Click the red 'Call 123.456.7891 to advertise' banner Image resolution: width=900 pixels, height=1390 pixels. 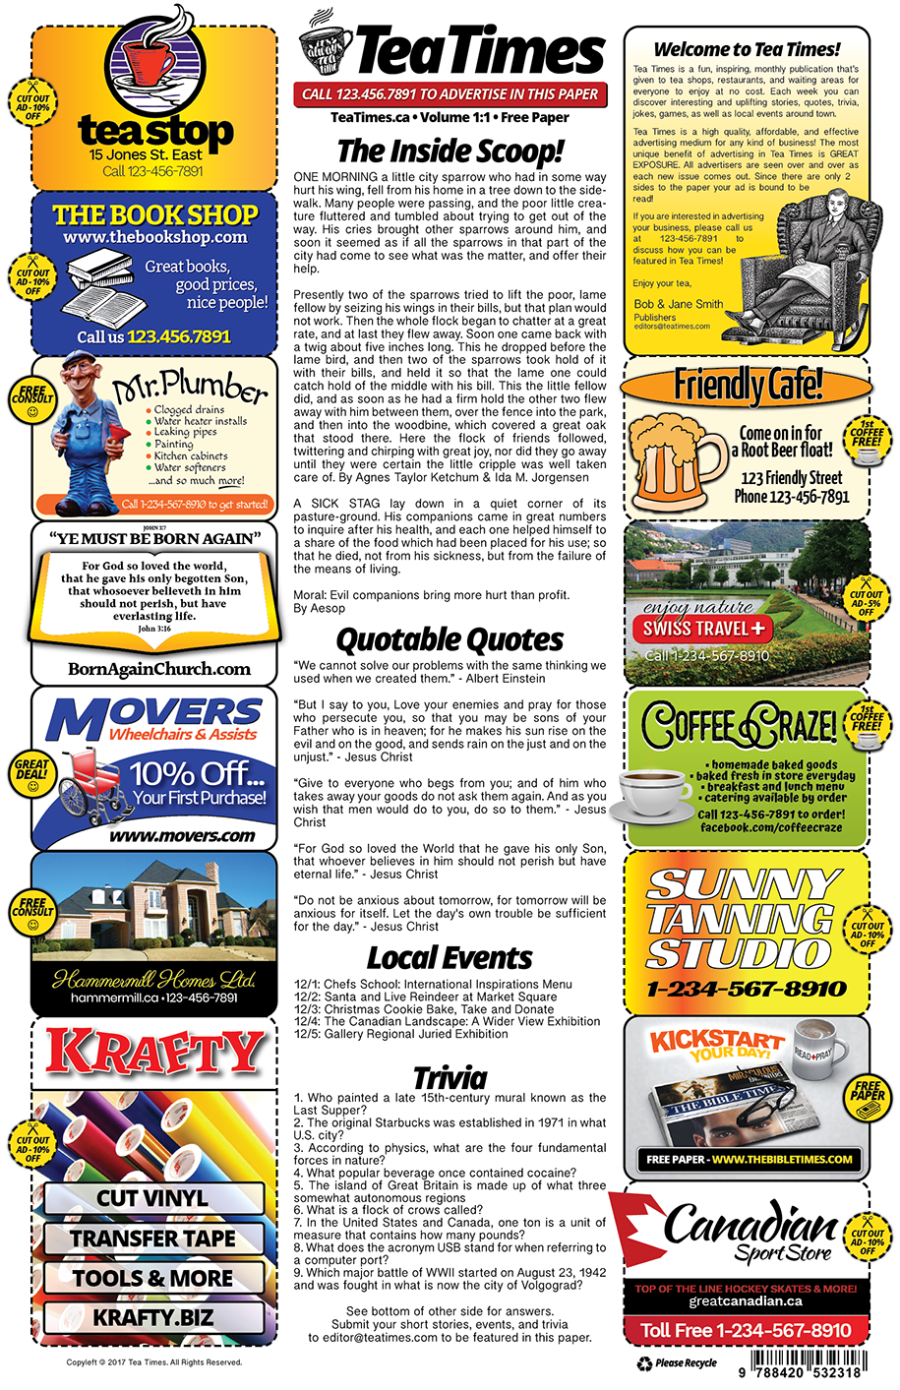click(450, 94)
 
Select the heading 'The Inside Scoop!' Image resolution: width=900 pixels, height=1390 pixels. click(450, 151)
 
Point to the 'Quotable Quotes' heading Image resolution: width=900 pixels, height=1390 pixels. click(450, 640)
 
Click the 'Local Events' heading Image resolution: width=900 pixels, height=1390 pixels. click(450, 958)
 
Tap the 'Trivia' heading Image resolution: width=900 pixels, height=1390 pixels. click(450, 1076)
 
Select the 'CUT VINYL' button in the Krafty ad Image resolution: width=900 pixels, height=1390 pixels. click(152, 1198)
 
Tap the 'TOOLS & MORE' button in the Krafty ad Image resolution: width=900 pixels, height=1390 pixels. click(152, 1278)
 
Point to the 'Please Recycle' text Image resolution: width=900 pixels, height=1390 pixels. click(686, 1363)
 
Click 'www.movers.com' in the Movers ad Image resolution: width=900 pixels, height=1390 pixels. click(182, 836)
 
